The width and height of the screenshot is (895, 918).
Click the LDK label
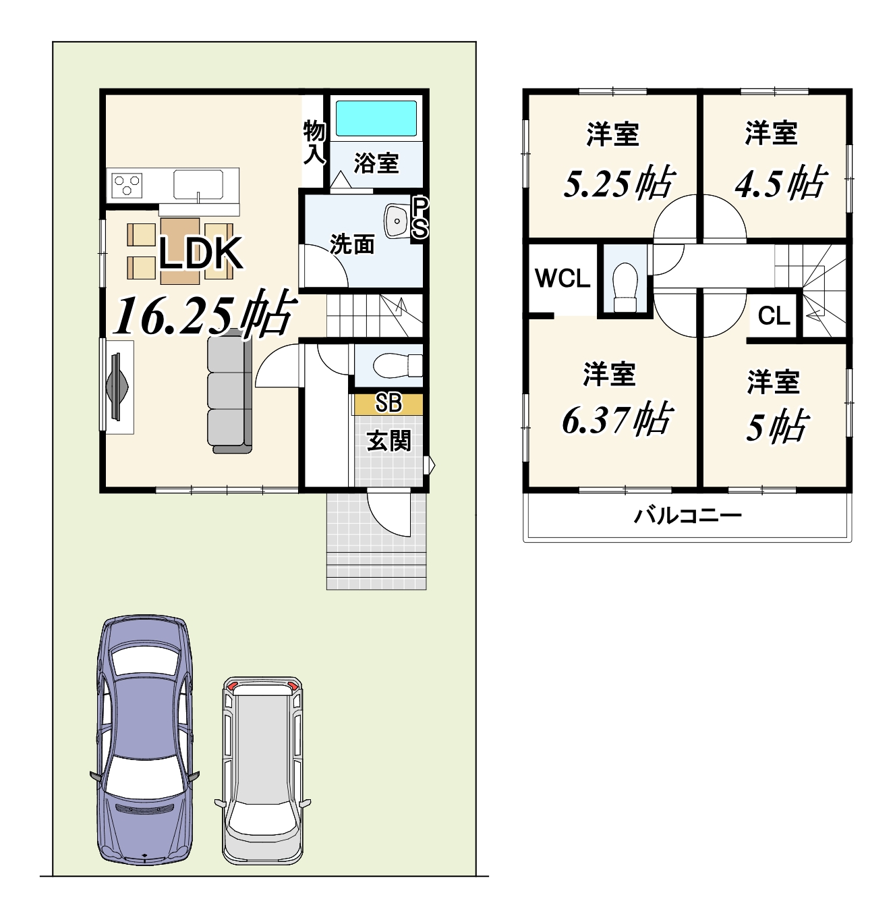point(201,253)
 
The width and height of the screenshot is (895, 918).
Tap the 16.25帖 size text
point(206,313)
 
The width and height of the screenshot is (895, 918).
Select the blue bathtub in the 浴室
point(376,119)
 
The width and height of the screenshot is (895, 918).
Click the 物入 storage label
point(314,142)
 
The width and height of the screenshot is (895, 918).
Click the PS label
point(420,217)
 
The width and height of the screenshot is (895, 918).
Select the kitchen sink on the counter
point(198,185)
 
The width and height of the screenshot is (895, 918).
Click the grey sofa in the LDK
point(230,391)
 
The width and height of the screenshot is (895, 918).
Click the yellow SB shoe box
point(388,404)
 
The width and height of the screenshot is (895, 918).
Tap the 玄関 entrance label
point(389,441)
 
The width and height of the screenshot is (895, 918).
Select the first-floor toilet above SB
point(397,365)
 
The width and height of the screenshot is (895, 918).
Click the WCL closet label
point(562,278)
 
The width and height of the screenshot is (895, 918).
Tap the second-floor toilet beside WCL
point(625,288)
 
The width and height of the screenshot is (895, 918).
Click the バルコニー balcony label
point(688,516)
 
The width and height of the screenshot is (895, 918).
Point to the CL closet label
point(774,316)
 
